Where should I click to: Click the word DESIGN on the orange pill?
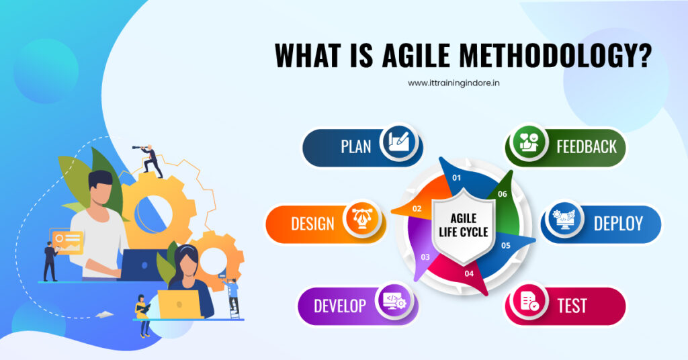click(312, 224)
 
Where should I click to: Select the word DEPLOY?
click(618, 224)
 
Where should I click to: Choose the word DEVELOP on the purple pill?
click(340, 306)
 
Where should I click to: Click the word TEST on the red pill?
click(572, 306)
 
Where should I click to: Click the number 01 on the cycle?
click(456, 178)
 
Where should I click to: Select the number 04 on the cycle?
click(468, 273)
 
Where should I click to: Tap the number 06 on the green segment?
click(502, 193)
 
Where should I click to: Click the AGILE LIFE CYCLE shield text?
click(464, 226)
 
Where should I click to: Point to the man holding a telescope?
click(150, 160)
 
